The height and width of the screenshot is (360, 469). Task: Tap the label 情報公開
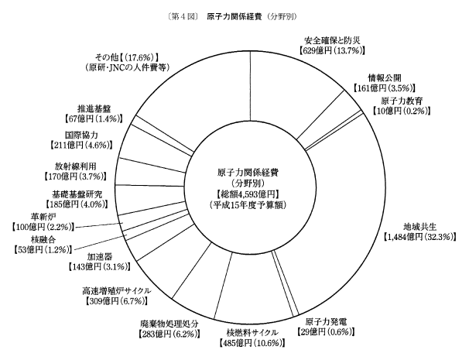coord(385,77)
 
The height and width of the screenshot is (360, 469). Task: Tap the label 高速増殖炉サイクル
coord(115,290)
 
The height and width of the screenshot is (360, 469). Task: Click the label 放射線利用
coord(77,165)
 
